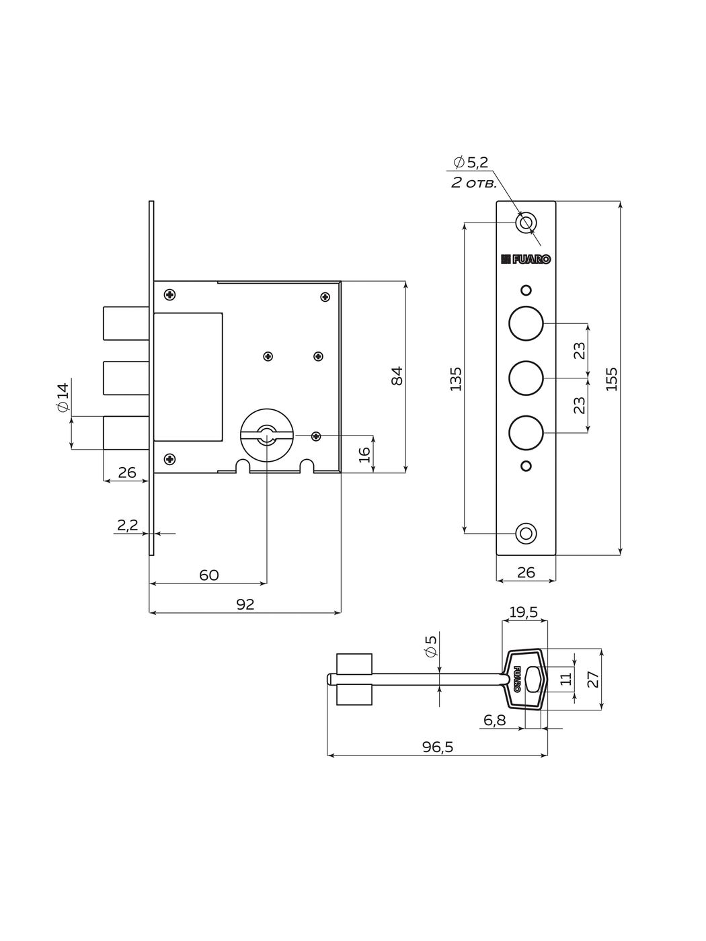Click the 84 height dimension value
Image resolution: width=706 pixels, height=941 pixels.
pos(397,376)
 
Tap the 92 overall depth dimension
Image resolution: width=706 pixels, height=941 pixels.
pos(245,604)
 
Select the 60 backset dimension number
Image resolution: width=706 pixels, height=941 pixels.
pos(208,575)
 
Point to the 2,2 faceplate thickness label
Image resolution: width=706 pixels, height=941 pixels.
pos(127,525)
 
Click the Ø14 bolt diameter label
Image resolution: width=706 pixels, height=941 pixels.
pos(63,397)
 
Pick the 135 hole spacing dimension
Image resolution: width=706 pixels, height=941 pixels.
pos(456,378)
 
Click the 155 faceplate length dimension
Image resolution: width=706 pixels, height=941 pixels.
pos(612,378)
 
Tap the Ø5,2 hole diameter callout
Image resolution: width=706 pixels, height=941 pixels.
pos(471,162)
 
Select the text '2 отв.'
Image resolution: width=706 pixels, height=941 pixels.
pos(473,183)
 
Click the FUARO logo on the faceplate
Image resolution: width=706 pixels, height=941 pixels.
pos(526,259)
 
